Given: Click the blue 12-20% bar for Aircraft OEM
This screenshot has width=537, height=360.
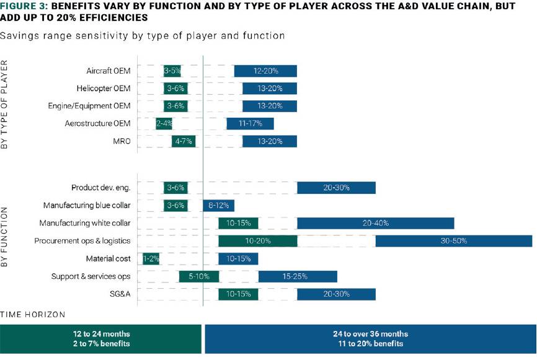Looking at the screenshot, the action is tap(265, 71).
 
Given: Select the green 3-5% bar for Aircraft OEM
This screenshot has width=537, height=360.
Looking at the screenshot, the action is tap(172, 71).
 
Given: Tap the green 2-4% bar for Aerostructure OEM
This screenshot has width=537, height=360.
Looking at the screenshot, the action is tap(164, 123).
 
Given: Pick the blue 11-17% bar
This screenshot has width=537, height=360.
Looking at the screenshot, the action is tap(250, 123).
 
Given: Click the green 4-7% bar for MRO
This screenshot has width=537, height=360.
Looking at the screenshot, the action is tap(184, 141).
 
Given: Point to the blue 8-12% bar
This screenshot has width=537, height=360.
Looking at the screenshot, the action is tap(218, 205).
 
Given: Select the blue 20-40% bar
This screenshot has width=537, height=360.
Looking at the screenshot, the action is tap(376, 223).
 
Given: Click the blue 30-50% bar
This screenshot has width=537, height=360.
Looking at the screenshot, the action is tap(454, 241).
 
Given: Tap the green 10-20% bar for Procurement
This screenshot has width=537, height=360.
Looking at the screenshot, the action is tap(258, 241).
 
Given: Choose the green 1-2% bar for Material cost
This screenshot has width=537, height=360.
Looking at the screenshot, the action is tap(151, 259).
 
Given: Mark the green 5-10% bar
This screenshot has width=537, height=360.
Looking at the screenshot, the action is tap(199, 276).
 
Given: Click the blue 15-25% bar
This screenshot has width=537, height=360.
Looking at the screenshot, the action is tap(298, 276).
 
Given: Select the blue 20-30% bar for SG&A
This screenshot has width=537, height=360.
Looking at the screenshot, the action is tap(336, 294).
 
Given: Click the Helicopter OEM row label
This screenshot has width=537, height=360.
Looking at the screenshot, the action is tap(104, 88).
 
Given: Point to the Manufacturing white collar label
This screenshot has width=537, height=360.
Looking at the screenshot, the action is tap(85, 223).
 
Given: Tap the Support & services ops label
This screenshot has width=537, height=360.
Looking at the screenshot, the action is tap(91, 276).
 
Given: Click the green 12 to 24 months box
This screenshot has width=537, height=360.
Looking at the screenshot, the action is tap(100, 339).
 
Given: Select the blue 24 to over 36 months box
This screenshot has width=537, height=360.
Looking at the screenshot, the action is tap(371, 339).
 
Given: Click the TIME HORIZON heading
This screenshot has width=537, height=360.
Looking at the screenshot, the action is tap(32, 315).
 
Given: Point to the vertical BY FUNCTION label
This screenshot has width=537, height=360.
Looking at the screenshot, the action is tap(4, 237).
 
